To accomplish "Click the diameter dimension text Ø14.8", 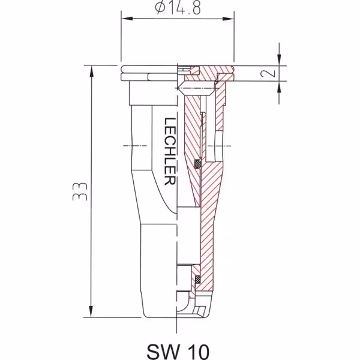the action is (178, 8).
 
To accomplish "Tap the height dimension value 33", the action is (80, 191).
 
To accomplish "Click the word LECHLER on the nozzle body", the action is (170, 151).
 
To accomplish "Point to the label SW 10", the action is (178, 351).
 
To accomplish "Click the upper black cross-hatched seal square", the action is (197, 164).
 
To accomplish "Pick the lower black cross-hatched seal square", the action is (197, 279).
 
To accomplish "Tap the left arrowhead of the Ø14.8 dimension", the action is (127, 19).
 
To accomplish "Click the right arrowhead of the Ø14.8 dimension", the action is (228, 19).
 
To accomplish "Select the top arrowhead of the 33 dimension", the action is (91, 71).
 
